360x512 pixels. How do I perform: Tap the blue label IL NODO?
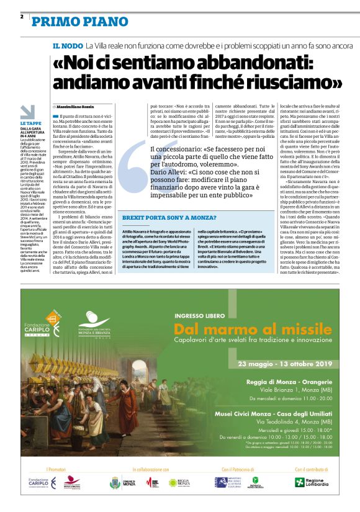point(67,46)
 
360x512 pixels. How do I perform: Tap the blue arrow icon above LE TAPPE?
point(28,112)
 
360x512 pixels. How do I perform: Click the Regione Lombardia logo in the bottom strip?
point(313,482)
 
